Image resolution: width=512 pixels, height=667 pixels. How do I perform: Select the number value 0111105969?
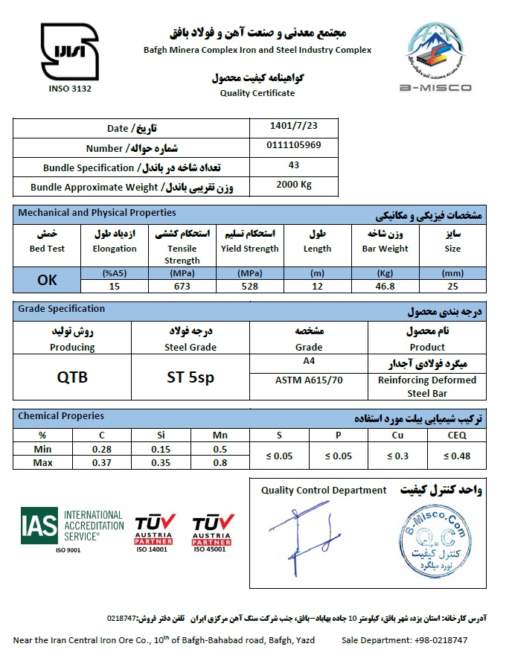[x=294, y=145]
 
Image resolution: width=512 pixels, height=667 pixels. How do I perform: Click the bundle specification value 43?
[x=294, y=165]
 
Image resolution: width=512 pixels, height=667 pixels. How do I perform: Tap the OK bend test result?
[x=47, y=280]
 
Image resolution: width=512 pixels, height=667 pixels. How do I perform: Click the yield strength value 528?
[x=249, y=285]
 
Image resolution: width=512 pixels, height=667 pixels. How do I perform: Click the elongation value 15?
[x=114, y=285]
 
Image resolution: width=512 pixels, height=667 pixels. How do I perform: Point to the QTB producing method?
[x=72, y=377]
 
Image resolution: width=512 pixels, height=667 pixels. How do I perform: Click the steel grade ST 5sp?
[x=191, y=377]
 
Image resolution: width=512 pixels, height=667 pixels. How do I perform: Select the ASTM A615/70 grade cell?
[x=309, y=380]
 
